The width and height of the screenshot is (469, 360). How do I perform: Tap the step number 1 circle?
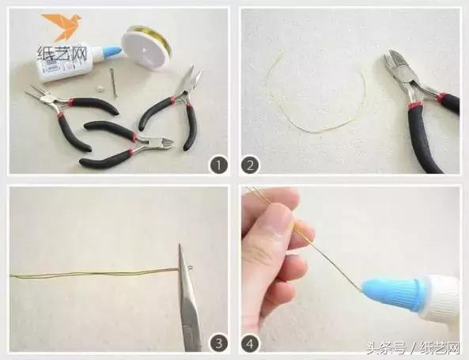tap(218, 165)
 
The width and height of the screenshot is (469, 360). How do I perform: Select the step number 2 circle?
tap(250, 165)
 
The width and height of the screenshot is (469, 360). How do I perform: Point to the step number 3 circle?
tap(219, 343)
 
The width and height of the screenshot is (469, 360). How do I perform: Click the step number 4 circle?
tap(250, 343)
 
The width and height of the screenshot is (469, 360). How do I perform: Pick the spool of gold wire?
tap(146, 47)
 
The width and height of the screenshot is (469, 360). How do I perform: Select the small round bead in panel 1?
tap(99, 89)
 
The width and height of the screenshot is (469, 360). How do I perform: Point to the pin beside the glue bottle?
tap(113, 83)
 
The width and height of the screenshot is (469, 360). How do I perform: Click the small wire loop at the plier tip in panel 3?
tap(191, 268)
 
